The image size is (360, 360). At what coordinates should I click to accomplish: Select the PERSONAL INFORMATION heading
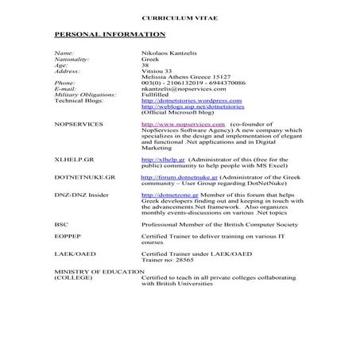coord(110,34)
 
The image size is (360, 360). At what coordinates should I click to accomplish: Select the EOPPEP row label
coord(68,236)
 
